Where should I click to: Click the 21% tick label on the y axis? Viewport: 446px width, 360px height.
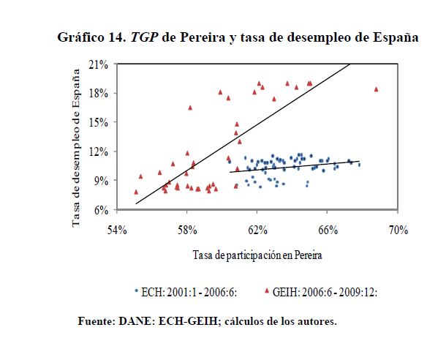tap(99, 64)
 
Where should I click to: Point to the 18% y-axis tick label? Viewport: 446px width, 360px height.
tap(99, 94)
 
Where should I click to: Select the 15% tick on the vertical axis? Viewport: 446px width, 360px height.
tap(99, 123)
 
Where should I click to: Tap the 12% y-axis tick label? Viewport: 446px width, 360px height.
tap(99, 151)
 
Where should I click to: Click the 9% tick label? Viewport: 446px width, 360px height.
tap(102, 181)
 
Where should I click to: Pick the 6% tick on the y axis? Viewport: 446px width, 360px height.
tap(102, 210)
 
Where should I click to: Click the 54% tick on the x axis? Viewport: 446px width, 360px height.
tap(118, 230)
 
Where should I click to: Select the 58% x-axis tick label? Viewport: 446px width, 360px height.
tap(188, 230)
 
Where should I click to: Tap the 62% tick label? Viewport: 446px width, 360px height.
tap(257, 230)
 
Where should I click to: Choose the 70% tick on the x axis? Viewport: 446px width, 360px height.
tap(397, 230)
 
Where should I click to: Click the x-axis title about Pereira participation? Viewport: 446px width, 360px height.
tap(258, 256)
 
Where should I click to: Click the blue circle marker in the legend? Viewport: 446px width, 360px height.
tap(137, 290)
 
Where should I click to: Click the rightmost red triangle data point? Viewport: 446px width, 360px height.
tap(377, 89)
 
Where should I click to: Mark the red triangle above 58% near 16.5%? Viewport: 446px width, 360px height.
tap(190, 108)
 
